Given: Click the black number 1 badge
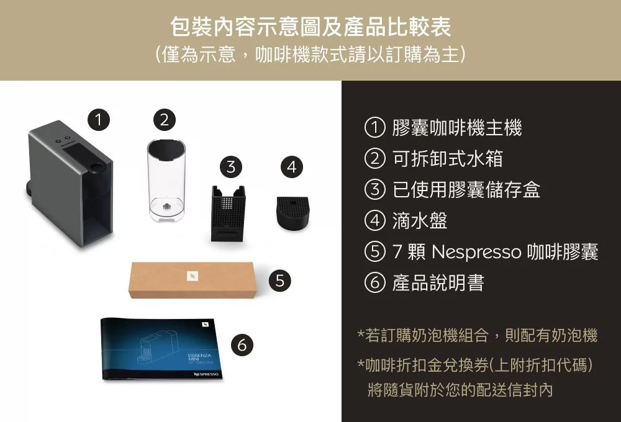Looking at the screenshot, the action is tap(99, 119).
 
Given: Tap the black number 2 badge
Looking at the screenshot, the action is tap(165, 119).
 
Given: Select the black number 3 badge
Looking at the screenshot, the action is tap(231, 167).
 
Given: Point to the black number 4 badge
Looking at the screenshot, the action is tap(291, 167).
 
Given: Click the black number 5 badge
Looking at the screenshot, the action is tap(279, 281).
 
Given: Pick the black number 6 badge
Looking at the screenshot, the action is tap(242, 344).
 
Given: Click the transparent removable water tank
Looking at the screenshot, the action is tap(166, 179).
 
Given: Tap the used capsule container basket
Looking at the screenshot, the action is tap(228, 213).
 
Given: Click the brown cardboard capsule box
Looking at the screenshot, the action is tap(193, 279).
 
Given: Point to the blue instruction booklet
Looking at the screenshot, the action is tap(161, 349).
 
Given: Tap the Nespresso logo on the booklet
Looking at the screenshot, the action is tap(206, 374).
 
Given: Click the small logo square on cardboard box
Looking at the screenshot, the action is tap(193, 276).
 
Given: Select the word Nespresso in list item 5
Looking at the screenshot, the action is tap(476, 252).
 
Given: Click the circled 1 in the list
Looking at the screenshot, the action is tap(374, 127).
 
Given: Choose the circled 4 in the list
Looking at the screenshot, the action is tap(374, 220).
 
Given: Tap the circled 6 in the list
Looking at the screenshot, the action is tap(374, 282).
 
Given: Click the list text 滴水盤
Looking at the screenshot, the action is tap(419, 220).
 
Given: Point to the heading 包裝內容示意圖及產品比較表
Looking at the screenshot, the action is tap(310, 27).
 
